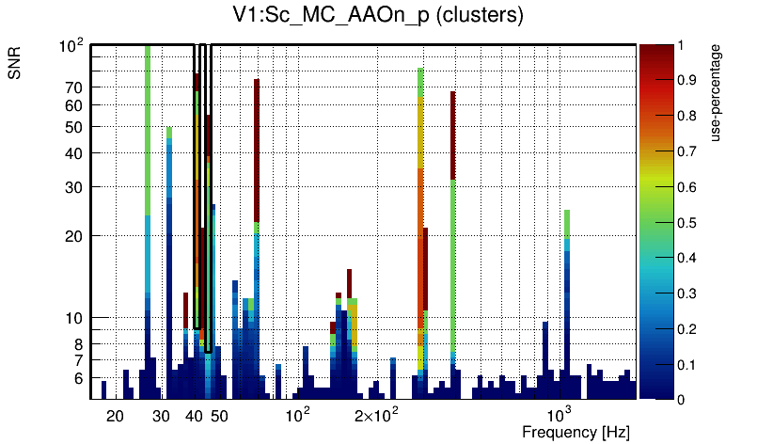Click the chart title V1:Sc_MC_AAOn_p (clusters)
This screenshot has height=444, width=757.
tap(378, 16)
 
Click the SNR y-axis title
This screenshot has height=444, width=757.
tap(15, 65)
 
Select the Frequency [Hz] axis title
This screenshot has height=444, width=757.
tap(576, 432)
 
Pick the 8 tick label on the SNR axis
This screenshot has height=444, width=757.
tap(80, 343)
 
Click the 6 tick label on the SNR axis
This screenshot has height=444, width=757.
tap(80, 377)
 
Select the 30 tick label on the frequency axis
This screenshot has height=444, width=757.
tap(161, 416)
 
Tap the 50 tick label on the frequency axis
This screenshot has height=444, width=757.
tap(219, 416)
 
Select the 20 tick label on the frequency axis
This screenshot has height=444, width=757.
tap(115, 416)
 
